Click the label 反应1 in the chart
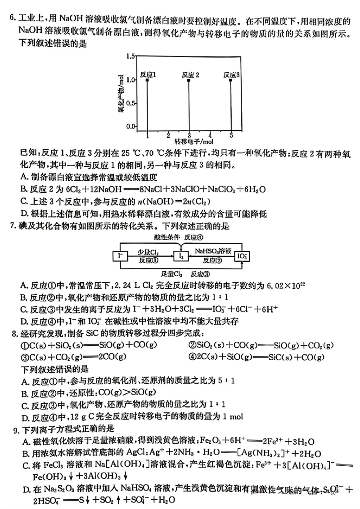pos(148,74)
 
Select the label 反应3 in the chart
pos(231,74)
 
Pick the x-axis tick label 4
pos(210,135)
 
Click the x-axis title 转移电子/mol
pos(189,142)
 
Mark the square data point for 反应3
pos(231,80)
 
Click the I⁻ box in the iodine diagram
pos(120,256)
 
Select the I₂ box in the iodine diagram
pos(181,256)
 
